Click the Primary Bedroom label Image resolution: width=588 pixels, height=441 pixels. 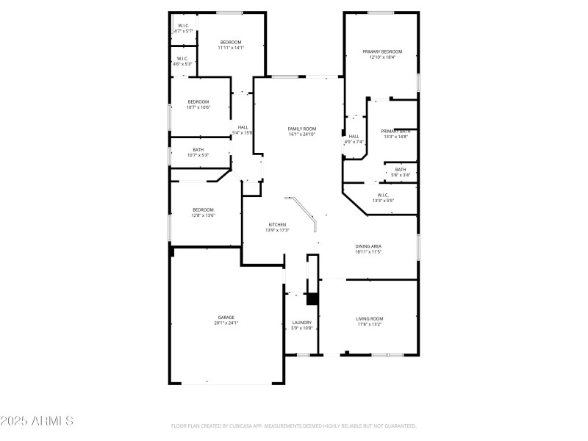click(381, 51)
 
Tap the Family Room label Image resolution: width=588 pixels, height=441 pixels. click(301, 129)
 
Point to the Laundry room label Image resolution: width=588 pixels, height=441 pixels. click(301, 322)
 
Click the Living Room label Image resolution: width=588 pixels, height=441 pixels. click(370, 318)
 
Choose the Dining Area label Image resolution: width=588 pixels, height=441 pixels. click(368, 246)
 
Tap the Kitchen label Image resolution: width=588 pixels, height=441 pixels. click(276, 224)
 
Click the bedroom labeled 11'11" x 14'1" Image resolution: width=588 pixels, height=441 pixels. click(231, 43)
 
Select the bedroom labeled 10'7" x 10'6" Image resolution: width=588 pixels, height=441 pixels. click(198, 101)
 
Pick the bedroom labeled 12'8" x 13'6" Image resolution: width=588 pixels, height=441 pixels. click(203, 209)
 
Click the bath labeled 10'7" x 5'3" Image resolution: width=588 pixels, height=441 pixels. click(198, 149)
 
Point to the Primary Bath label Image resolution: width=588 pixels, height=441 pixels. click(395, 131)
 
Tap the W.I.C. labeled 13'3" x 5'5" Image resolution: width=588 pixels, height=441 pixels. click(383, 195)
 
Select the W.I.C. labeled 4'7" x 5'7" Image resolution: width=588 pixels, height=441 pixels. click(184, 26)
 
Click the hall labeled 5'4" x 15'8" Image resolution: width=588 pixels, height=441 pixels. click(243, 127)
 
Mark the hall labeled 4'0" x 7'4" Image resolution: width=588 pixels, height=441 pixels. click(354, 136)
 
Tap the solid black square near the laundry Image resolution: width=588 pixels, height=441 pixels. click(312, 298)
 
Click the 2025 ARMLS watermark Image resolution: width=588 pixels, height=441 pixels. click(37, 421)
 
